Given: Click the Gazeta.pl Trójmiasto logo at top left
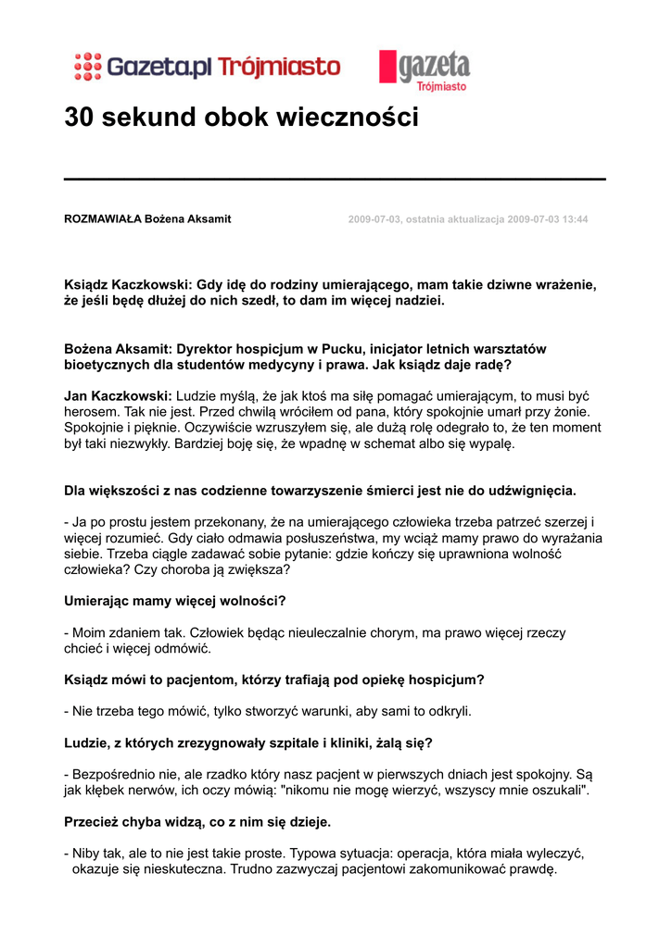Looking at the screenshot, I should pyautogui.click(x=208, y=67).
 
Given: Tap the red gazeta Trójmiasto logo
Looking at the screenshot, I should pyautogui.click(x=425, y=69).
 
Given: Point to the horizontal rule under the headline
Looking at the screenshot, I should pyautogui.click(x=335, y=179).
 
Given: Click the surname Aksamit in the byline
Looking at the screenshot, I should pyautogui.click(x=209, y=219).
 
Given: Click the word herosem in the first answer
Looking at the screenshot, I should pyautogui.click(x=92, y=410).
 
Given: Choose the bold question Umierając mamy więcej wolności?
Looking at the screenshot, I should pyautogui.click(x=174, y=601).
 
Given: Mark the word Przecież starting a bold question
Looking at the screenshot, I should pyautogui.click(x=95, y=821).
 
